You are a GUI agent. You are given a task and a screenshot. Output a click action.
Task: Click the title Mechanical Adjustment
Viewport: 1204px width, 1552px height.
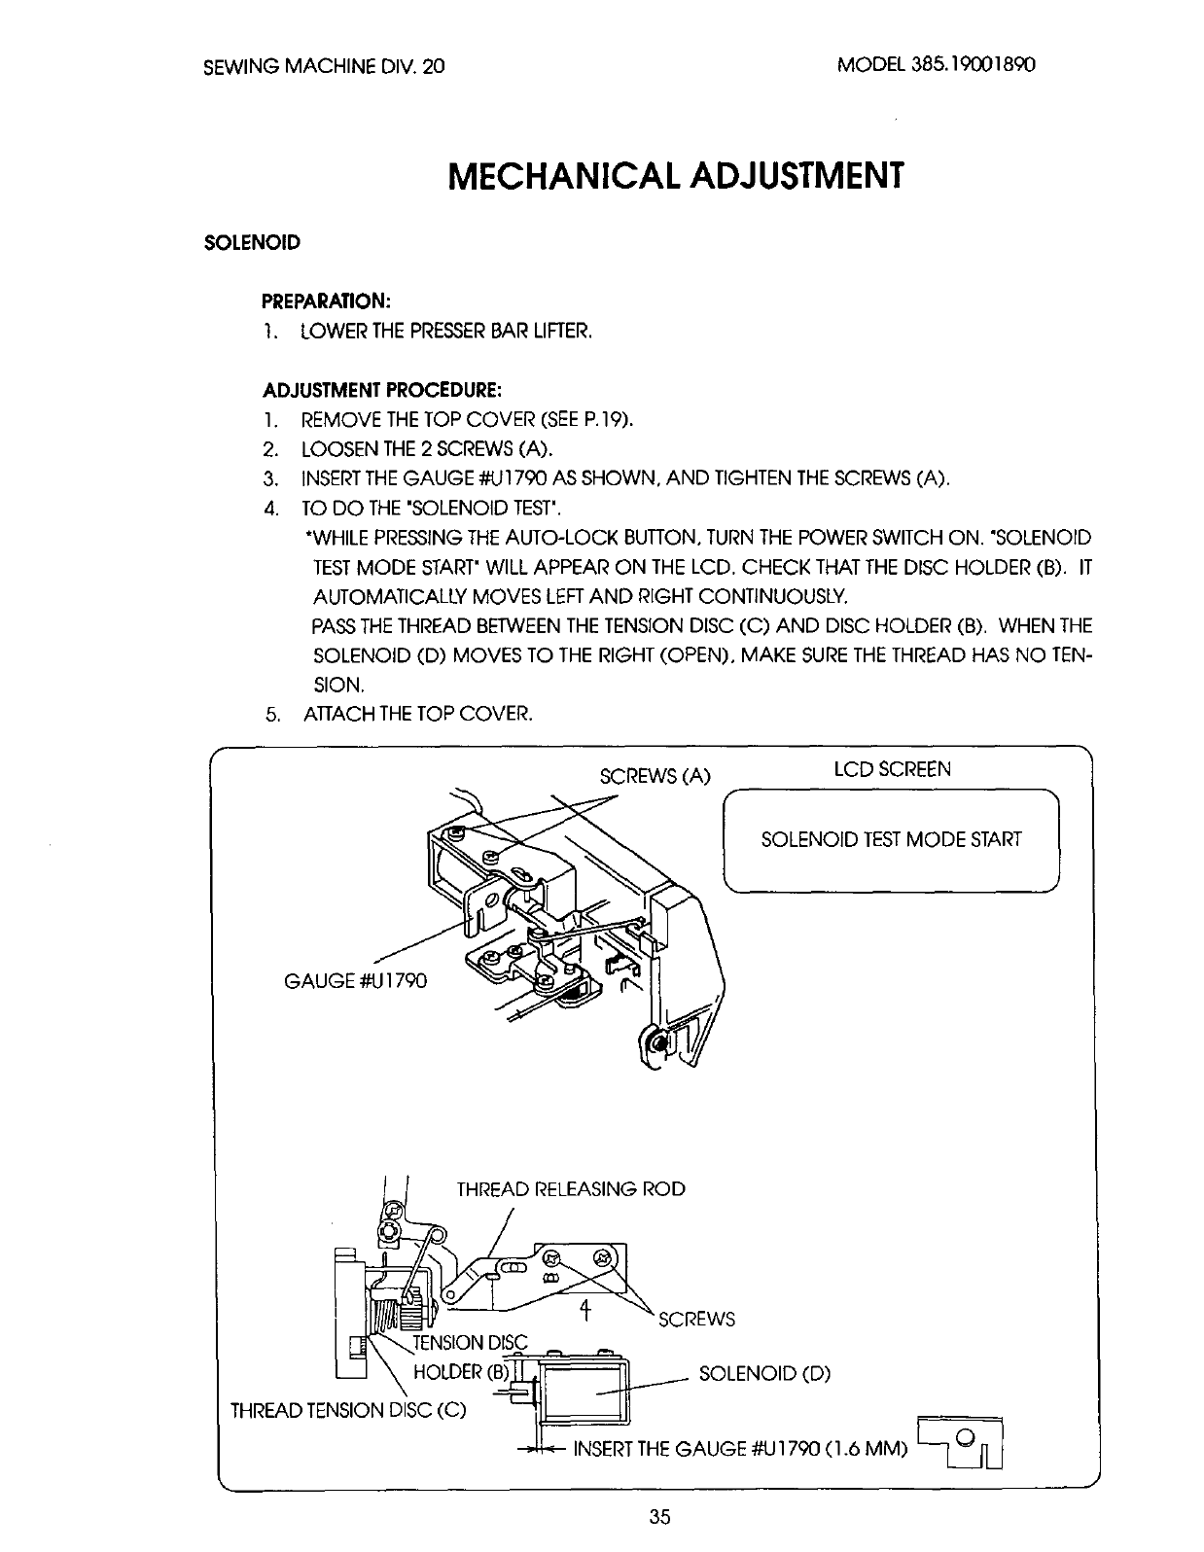(676, 177)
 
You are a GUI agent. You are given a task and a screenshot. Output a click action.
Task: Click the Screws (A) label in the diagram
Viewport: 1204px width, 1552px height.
(655, 776)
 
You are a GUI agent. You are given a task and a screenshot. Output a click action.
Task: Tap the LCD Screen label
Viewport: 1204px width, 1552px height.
(892, 769)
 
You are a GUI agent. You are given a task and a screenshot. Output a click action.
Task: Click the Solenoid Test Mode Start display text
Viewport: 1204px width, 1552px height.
(891, 839)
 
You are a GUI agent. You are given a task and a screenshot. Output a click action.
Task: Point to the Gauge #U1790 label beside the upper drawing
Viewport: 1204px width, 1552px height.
(355, 979)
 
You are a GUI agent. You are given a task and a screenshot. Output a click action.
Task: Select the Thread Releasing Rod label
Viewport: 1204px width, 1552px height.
(571, 1189)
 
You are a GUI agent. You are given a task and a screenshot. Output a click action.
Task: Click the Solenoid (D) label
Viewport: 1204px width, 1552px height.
(764, 1375)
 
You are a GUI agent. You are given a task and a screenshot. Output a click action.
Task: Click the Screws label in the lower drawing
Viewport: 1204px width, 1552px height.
(696, 1320)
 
